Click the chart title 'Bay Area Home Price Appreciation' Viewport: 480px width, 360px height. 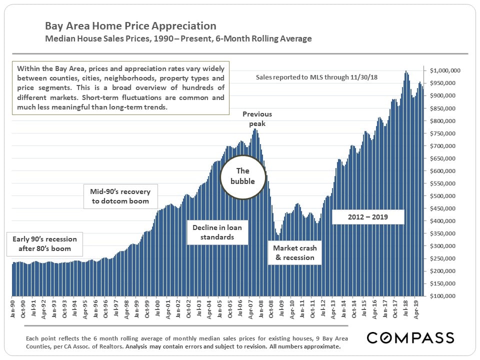pos(130,26)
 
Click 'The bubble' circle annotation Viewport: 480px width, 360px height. pos(242,176)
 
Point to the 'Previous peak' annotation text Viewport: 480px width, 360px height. pos(257,118)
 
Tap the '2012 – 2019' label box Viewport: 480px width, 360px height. pos(368,217)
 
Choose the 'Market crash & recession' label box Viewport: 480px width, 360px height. pos(294,252)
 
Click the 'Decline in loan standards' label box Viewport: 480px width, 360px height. pos(217,232)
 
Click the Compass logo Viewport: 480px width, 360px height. pos(410,337)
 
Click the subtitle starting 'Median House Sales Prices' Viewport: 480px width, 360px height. pos(178,38)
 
